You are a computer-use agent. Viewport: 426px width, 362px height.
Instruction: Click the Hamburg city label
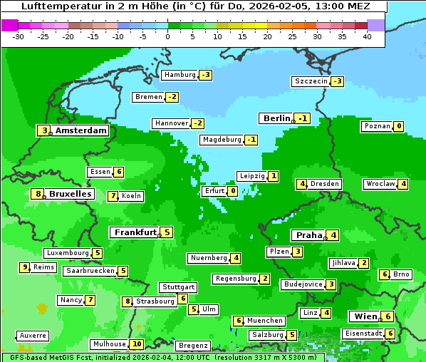pos(179,75)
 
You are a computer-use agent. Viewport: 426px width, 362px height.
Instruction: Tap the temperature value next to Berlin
pos(303,118)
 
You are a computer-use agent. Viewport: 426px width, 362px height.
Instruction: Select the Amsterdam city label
pos(80,130)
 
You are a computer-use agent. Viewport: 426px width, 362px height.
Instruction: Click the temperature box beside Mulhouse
pos(137,344)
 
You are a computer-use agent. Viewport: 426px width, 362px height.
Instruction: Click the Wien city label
pos(363,316)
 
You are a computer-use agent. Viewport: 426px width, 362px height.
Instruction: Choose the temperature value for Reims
pos(25,267)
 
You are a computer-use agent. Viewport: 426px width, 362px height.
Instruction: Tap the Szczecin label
pos(311,81)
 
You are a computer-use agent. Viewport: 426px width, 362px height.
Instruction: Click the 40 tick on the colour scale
pos(367,36)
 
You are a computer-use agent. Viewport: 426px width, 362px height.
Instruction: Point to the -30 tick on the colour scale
pos(19,36)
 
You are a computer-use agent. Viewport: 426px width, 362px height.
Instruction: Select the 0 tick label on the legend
pos(167,36)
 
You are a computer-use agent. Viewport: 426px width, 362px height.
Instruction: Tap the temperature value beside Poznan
pos(399,126)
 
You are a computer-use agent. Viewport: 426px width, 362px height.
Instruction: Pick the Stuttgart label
pos(177,287)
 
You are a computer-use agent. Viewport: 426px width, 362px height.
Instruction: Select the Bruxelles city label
pos(69,194)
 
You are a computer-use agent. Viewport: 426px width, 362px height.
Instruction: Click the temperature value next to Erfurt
pos(233,191)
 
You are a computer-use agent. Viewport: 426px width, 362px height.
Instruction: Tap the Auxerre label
pos(33,335)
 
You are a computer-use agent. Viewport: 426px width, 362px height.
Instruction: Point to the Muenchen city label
pos(265,321)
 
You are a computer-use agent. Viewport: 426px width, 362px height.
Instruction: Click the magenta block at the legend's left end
pos(9,24)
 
